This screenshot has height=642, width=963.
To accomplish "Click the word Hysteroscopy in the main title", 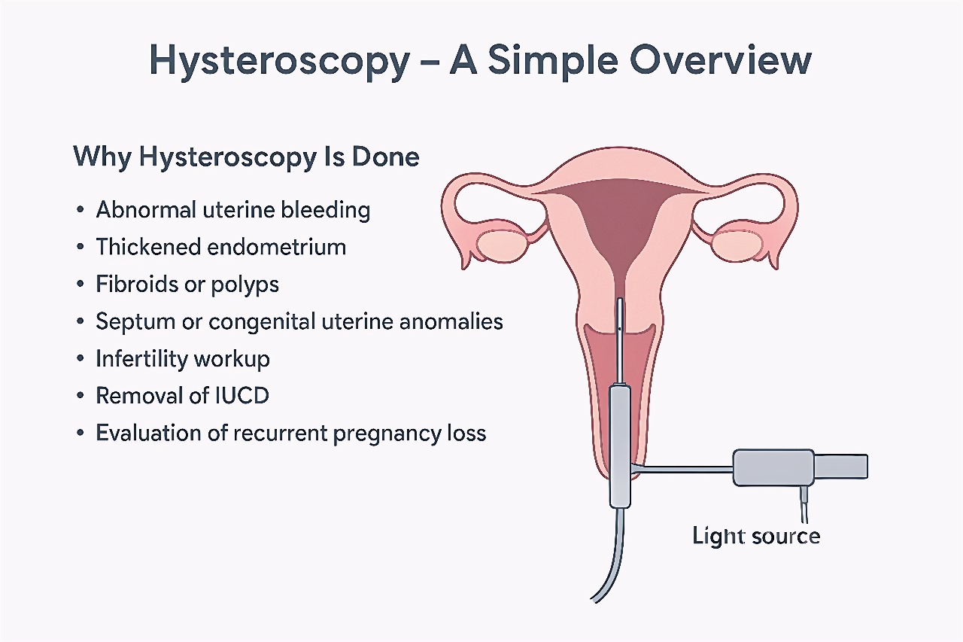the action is click(x=279, y=61).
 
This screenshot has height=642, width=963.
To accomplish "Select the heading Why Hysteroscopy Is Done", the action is click(x=246, y=157).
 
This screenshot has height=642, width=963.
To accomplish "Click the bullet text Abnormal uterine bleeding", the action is click(x=233, y=210).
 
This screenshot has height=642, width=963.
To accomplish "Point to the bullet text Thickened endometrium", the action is click(x=221, y=247).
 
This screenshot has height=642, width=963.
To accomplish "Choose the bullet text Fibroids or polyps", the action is click(x=187, y=284).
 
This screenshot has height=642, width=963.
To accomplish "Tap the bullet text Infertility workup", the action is click(x=183, y=359).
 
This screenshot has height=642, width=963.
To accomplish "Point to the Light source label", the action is click(x=756, y=536).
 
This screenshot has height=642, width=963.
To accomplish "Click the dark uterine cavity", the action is click(x=621, y=219).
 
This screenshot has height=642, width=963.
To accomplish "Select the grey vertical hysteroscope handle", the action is click(x=620, y=446).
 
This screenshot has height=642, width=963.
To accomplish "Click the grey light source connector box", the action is click(x=773, y=468).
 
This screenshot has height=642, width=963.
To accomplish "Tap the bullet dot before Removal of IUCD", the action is click(x=80, y=396).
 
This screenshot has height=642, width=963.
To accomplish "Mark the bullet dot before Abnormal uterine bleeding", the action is click(x=80, y=210).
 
